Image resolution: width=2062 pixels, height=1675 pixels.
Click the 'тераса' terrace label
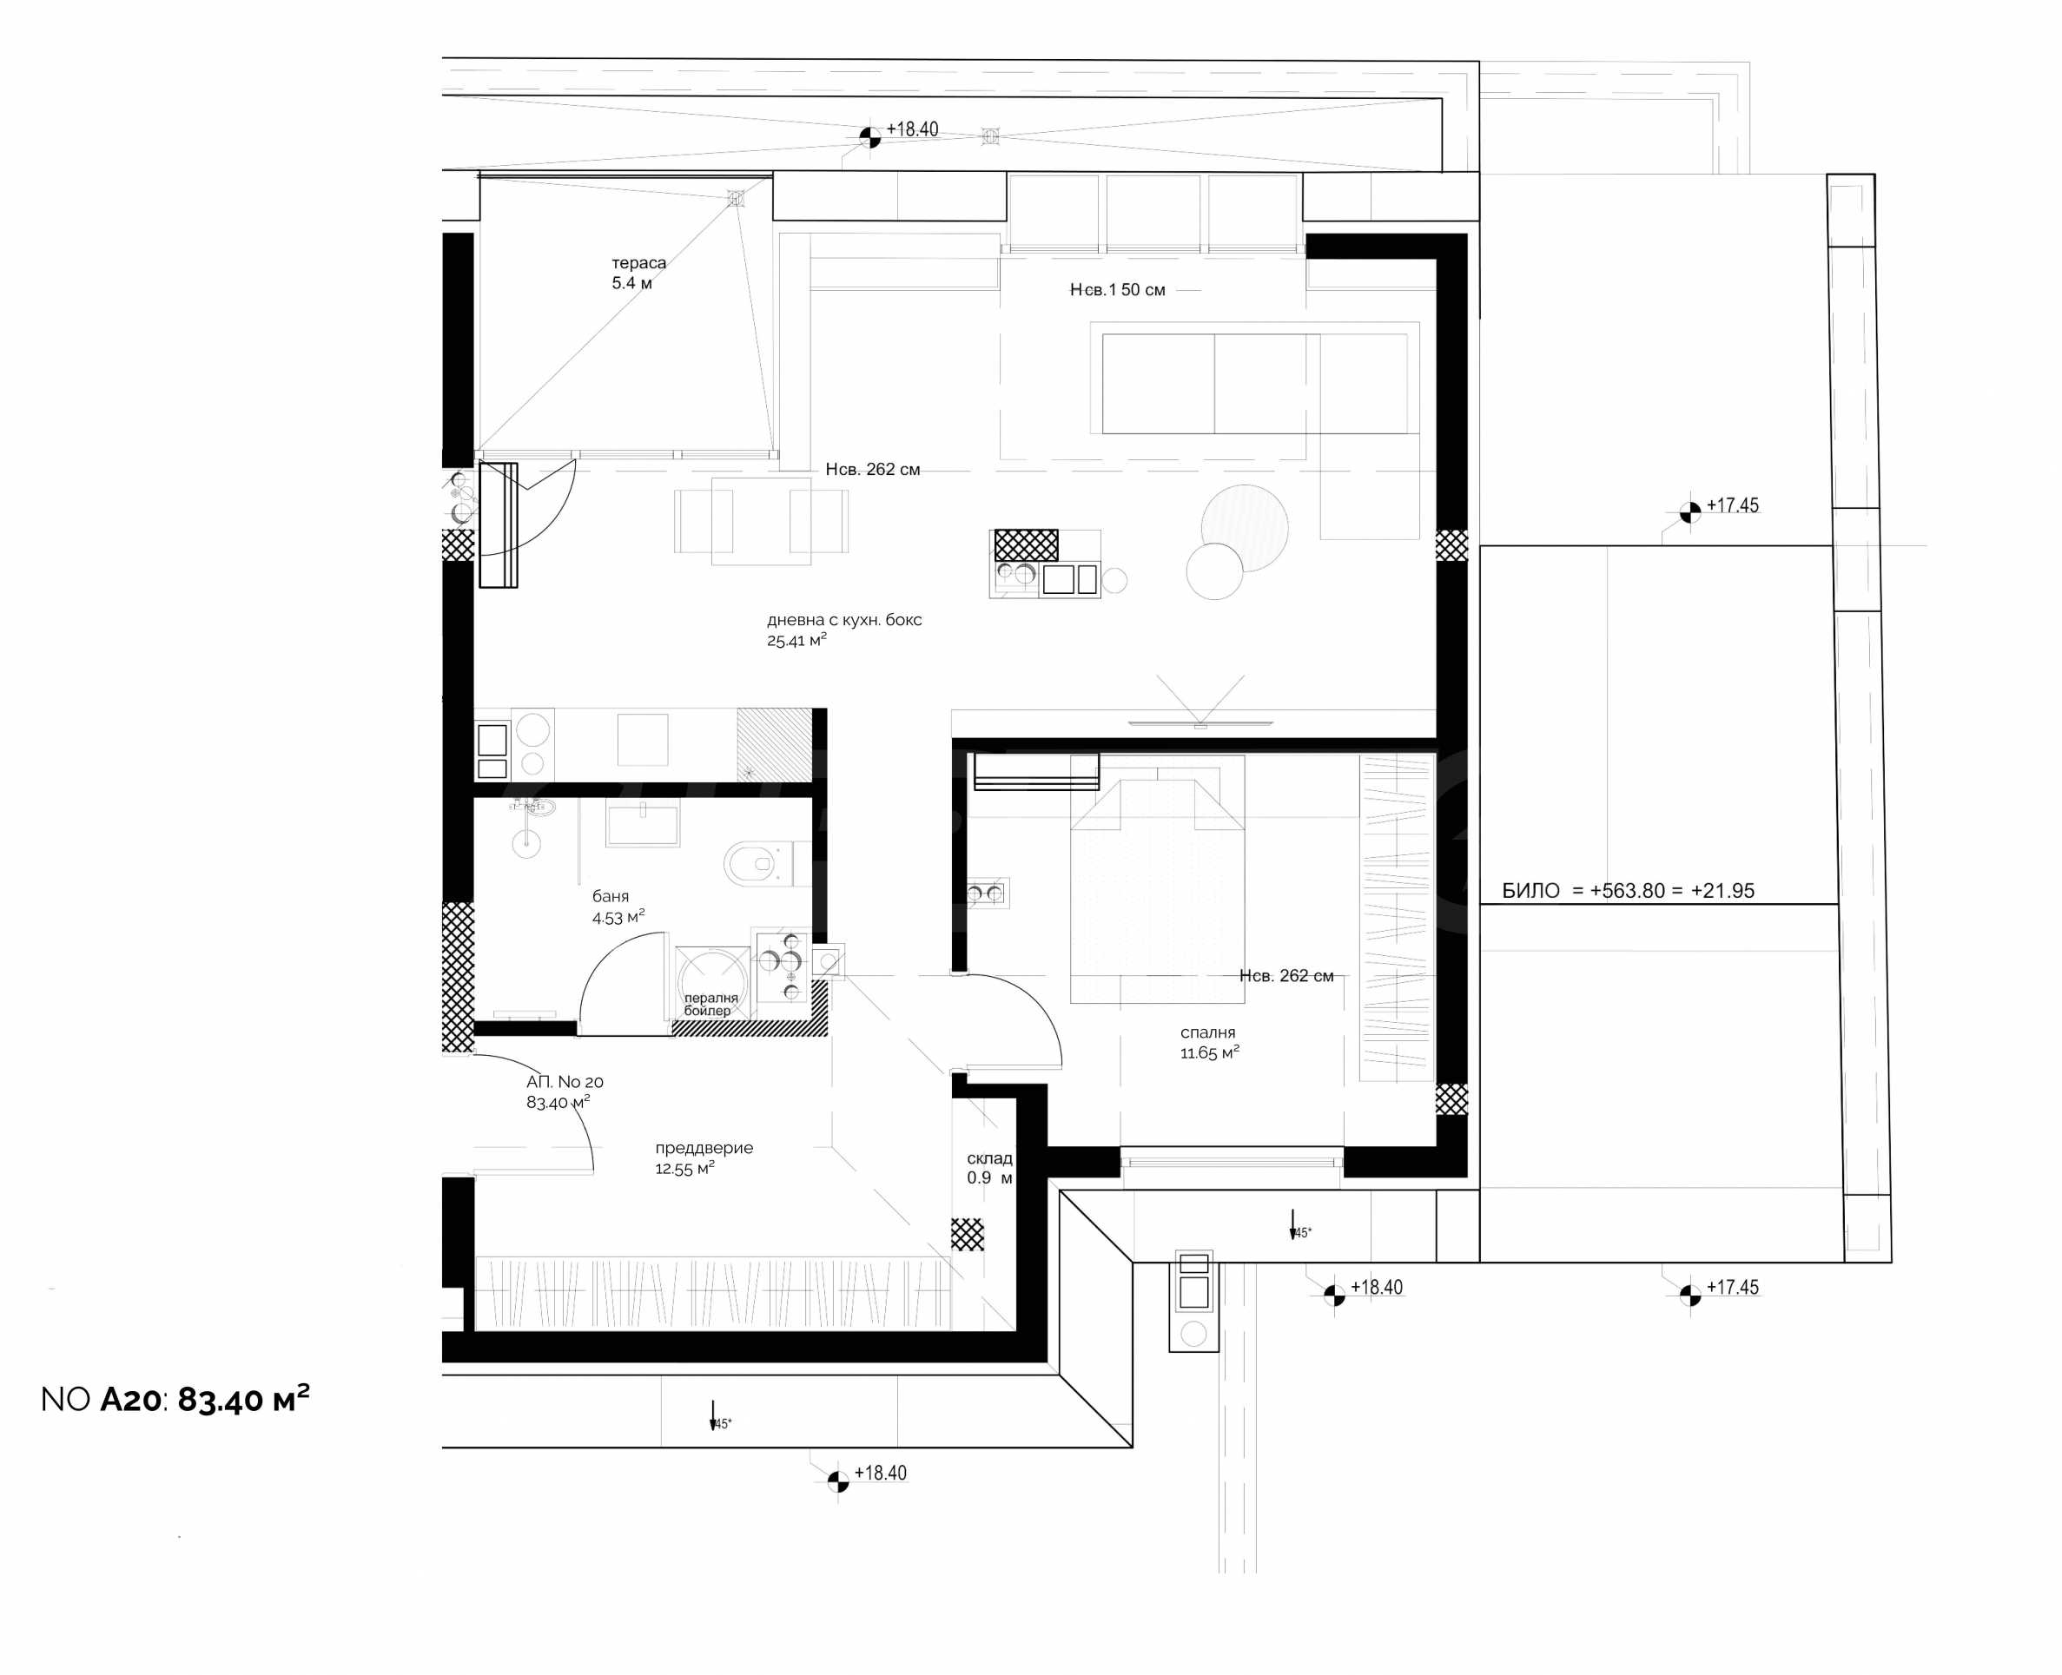click(638, 262)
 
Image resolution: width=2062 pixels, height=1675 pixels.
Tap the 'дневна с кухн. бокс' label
click(844, 619)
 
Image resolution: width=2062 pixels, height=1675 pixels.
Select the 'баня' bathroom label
click(611, 896)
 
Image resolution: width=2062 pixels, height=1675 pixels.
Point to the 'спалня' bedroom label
click(1207, 1032)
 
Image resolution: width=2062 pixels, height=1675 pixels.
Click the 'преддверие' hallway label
click(704, 1147)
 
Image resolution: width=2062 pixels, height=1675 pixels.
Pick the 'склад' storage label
click(989, 1157)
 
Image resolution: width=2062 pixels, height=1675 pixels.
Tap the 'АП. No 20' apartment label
click(565, 1082)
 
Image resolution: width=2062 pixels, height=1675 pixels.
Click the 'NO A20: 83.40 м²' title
click(175, 1398)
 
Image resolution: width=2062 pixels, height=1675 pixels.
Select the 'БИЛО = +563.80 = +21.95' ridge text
click(1628, 891)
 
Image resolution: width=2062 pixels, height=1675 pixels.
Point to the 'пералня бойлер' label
click(710, 1005)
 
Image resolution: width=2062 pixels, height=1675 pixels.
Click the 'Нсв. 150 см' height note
click(1117, 289)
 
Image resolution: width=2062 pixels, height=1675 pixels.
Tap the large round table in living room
click(1245, 528)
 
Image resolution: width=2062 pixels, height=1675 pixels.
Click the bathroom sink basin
click(643, 826)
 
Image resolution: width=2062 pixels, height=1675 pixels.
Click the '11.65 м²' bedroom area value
click(1209, 1052)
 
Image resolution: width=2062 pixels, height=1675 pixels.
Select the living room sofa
click(1254, 383)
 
